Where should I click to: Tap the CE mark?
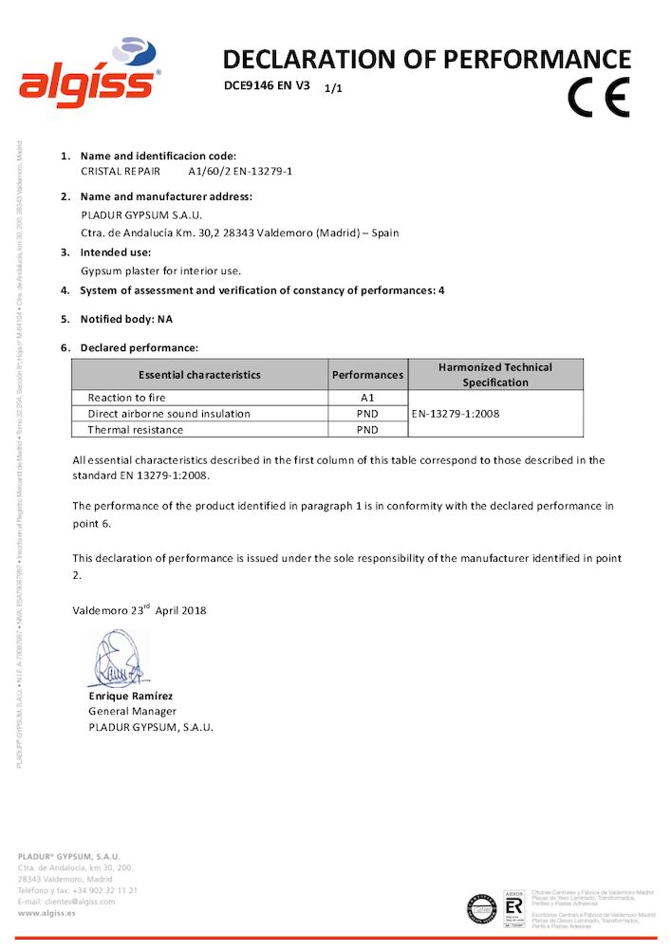pyautogui.click(x=598, y=96)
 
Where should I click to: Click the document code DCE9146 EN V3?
pyautogui.click(x=267, y=84)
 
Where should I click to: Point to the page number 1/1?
pyautogui.click(x=333, y=88)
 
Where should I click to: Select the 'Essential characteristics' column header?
pyautogui.click(x=199, y=375)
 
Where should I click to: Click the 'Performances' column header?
pyautogui.click(x=367, y=375)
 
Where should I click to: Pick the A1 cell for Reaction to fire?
pyautogui.click(x=367, y=398)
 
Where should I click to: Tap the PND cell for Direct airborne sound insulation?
pyautogui.click(x=367, y=414)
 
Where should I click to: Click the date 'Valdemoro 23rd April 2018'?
pyautogui.click(x=140, y=610)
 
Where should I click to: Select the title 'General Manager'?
pyautogui.click(x=132, y=711)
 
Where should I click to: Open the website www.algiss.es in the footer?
pyautogui.click(x=47, y=913)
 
